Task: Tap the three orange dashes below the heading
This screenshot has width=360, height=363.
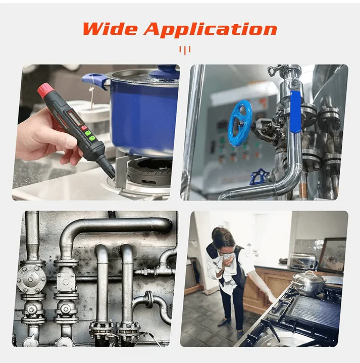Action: (185, 49)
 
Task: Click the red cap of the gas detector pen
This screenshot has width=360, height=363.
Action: (45, 91)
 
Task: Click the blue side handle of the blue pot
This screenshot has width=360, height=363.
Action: (92, 80)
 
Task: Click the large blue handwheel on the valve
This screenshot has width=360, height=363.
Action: (240, 122)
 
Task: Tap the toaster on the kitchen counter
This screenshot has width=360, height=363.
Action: (301, 261)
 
